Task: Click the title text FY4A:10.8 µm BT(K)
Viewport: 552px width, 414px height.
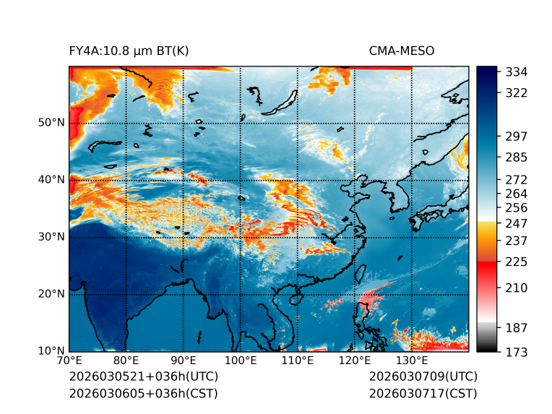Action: click(129, 51)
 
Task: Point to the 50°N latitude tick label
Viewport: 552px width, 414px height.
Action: click(51, 123)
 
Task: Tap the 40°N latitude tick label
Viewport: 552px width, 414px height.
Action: click(51, 180)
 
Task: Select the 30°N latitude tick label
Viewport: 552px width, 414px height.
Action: click(51, 237)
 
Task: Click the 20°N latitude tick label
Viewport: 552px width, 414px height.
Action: click(51, 294)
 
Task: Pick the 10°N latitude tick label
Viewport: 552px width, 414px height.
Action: click(51, 351)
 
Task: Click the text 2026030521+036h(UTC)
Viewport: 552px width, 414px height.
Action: click(143, 377)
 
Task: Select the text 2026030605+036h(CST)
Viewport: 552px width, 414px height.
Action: click(143, 394)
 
